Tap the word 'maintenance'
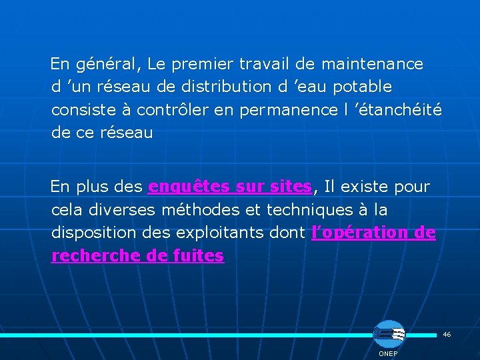[x=372, y=65]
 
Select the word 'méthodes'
[x=199, y=210]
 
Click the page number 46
[x=447, y=334]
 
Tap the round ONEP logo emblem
[x=388, y=334]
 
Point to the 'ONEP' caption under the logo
[x=388, y=353]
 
